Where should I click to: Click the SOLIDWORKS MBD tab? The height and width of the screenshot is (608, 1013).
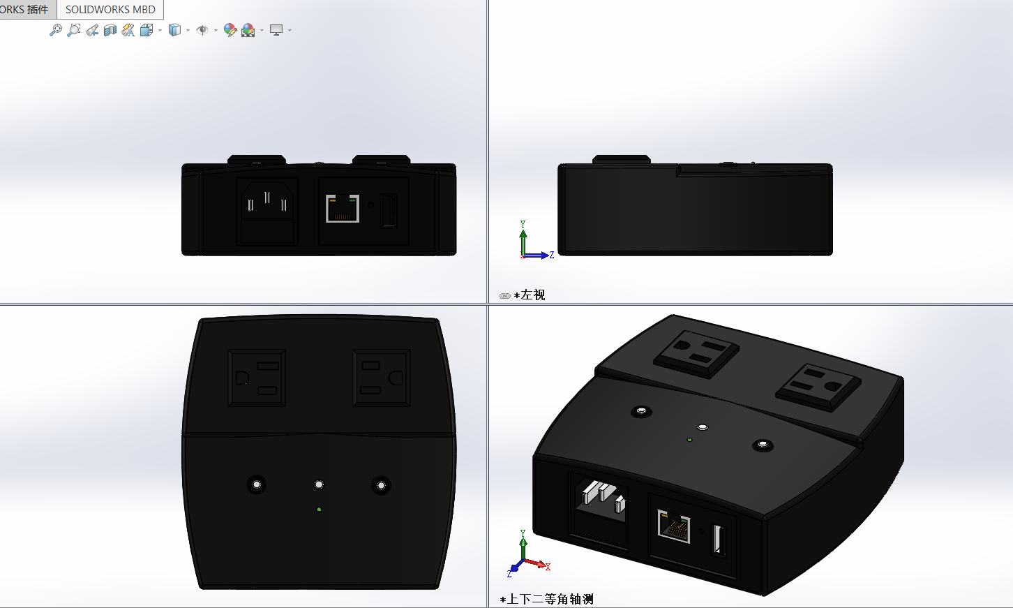click(x=110, y=9)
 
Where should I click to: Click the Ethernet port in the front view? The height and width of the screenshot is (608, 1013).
click(x=343, y=209)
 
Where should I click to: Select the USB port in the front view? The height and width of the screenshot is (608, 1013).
click(x=389, y=210)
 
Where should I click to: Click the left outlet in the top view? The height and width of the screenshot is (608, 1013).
click(x=257, y=378)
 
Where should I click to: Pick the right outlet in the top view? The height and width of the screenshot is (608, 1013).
click(x=381, y=378)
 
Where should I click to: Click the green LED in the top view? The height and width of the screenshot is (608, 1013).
click(x=320, y=510)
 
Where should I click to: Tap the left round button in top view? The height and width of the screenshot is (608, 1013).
click(x=257, y=484)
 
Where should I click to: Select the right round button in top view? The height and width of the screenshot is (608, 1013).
click(x=381, y=485)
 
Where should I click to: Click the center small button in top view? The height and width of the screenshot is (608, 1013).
click(x=319, y=484)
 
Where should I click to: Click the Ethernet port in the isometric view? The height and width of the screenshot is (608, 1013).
click(x=674, y=526)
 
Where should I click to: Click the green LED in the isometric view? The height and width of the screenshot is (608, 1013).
click(x=689, y=440)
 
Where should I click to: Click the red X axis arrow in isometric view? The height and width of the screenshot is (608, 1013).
click(x=536, y=563)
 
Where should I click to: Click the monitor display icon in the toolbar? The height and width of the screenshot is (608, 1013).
click(x=276, y=30)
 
